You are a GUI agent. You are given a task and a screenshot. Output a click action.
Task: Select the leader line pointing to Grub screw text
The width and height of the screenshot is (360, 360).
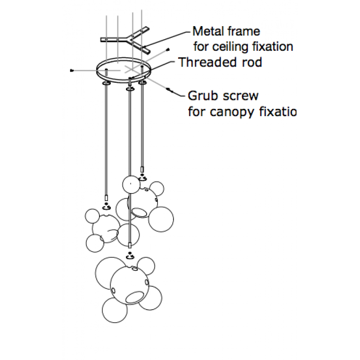178,91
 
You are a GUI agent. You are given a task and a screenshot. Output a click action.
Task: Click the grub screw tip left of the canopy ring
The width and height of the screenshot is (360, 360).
72,71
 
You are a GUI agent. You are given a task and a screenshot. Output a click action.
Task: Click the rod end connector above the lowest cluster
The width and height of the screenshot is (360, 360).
130,246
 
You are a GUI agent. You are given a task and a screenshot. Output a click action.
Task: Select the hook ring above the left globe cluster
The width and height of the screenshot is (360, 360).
107,207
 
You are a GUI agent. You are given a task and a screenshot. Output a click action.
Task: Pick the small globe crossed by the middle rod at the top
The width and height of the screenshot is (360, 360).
130,184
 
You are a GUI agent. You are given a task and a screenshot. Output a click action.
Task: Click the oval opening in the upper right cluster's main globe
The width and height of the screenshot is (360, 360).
139,212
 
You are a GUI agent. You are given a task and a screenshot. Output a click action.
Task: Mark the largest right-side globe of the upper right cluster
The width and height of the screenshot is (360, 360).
161,220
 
